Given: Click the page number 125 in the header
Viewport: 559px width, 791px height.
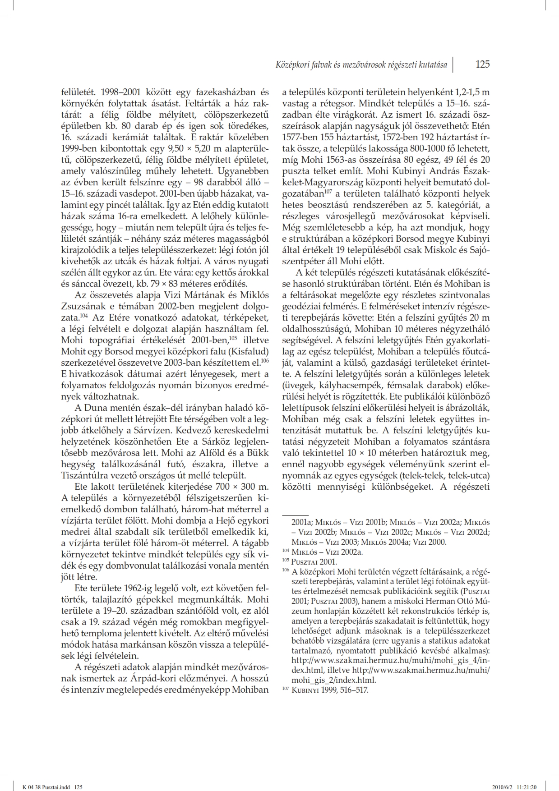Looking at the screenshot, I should pos(482,64).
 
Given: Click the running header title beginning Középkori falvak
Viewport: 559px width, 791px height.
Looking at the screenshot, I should pos(361,65).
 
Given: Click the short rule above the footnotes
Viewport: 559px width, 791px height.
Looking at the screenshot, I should pos(295,515).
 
